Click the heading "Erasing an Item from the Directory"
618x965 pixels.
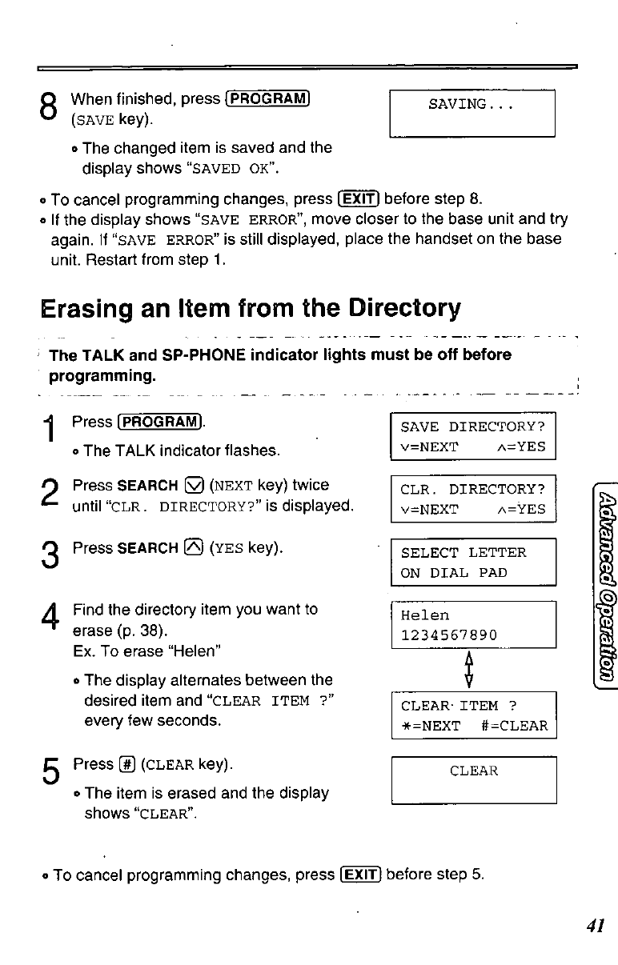tap(250, 308)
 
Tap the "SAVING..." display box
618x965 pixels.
tap(472, 114)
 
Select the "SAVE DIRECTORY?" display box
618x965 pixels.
tap(473, 437)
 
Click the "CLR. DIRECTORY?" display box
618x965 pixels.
tap(473, 499)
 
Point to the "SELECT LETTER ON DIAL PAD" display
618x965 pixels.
tap(473, 563)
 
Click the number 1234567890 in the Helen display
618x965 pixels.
tap(449, 635)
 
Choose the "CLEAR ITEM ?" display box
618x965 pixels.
tap(473, 715)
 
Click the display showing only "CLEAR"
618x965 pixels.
tap(473, 779)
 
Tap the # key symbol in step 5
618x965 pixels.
tap(126, 764)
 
